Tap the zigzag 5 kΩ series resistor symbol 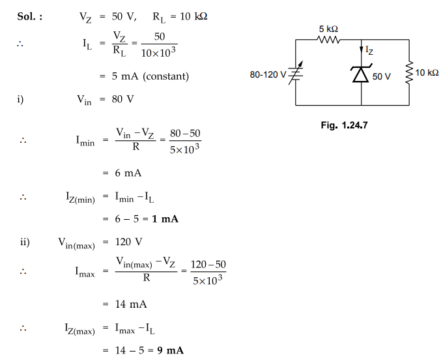[x=329, y=40]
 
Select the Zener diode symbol [x=362, y=74]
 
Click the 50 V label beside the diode [x=382, y=77]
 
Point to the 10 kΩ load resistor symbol [x=410, y=73]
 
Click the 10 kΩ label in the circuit [x=427, y=72]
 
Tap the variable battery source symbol [x=296, y=73]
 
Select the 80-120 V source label [x=268, y=74]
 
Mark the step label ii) [x=24, y=243]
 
